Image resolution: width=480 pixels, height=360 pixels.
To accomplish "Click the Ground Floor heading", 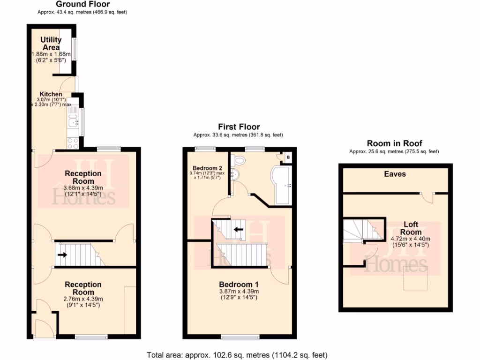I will [82, 4].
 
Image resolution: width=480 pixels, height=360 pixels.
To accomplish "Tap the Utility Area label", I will [51, 44].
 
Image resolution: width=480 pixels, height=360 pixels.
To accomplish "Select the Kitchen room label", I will [51, 94].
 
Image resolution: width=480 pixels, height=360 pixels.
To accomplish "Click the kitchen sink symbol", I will [73, 123].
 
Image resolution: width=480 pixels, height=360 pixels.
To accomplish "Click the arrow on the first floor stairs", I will [239, 230].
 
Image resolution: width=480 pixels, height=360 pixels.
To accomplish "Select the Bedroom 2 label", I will [207, 168].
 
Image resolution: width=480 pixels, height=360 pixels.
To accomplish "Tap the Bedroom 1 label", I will [239, 284].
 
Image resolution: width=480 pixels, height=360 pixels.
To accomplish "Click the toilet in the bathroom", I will [240, 160].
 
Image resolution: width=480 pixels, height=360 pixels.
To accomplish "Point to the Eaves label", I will [395, 174].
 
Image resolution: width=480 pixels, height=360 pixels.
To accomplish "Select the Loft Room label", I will [411, 228].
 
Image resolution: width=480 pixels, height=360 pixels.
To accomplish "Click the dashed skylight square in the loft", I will [415, 277].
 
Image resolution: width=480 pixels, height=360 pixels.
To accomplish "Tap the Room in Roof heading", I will [394, 143].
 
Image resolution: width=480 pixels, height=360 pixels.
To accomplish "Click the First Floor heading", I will [239, 127].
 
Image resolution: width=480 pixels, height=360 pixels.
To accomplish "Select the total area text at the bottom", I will [237, 355].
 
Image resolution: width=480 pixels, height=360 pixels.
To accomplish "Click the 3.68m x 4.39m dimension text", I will [83, 189].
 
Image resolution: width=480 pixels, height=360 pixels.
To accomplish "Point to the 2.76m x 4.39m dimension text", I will [83, 299].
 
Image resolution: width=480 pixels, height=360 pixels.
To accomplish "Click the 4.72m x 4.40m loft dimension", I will [411, 238].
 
